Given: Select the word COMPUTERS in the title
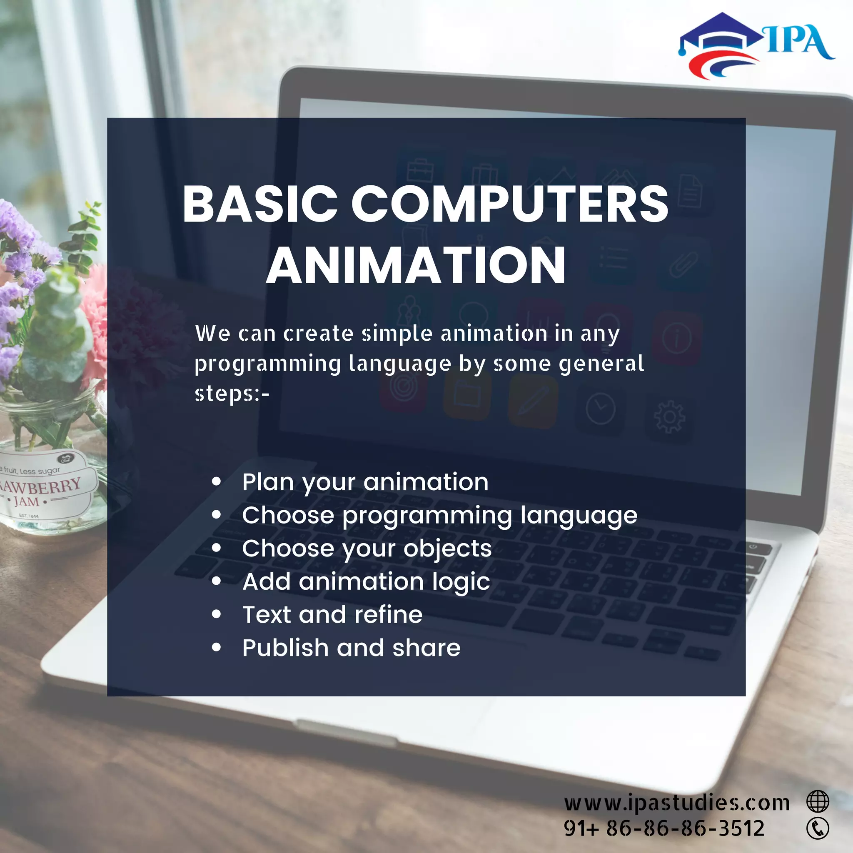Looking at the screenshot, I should (509, 204).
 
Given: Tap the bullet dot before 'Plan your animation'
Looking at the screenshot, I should (216, 482).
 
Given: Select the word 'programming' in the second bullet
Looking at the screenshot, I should (427, 516).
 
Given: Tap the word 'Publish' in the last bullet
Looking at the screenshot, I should (285, 648).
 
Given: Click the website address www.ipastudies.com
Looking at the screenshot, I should (676, 803).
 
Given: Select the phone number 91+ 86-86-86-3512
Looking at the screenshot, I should (663, 828).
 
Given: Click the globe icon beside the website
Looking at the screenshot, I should (818, 801).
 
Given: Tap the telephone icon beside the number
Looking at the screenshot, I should (818, 828).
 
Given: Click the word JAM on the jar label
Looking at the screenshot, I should (27, 501).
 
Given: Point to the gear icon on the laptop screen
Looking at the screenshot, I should (669, 417).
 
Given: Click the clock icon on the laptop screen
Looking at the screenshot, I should (601, 409).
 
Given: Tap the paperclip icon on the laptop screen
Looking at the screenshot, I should (683, 264).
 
